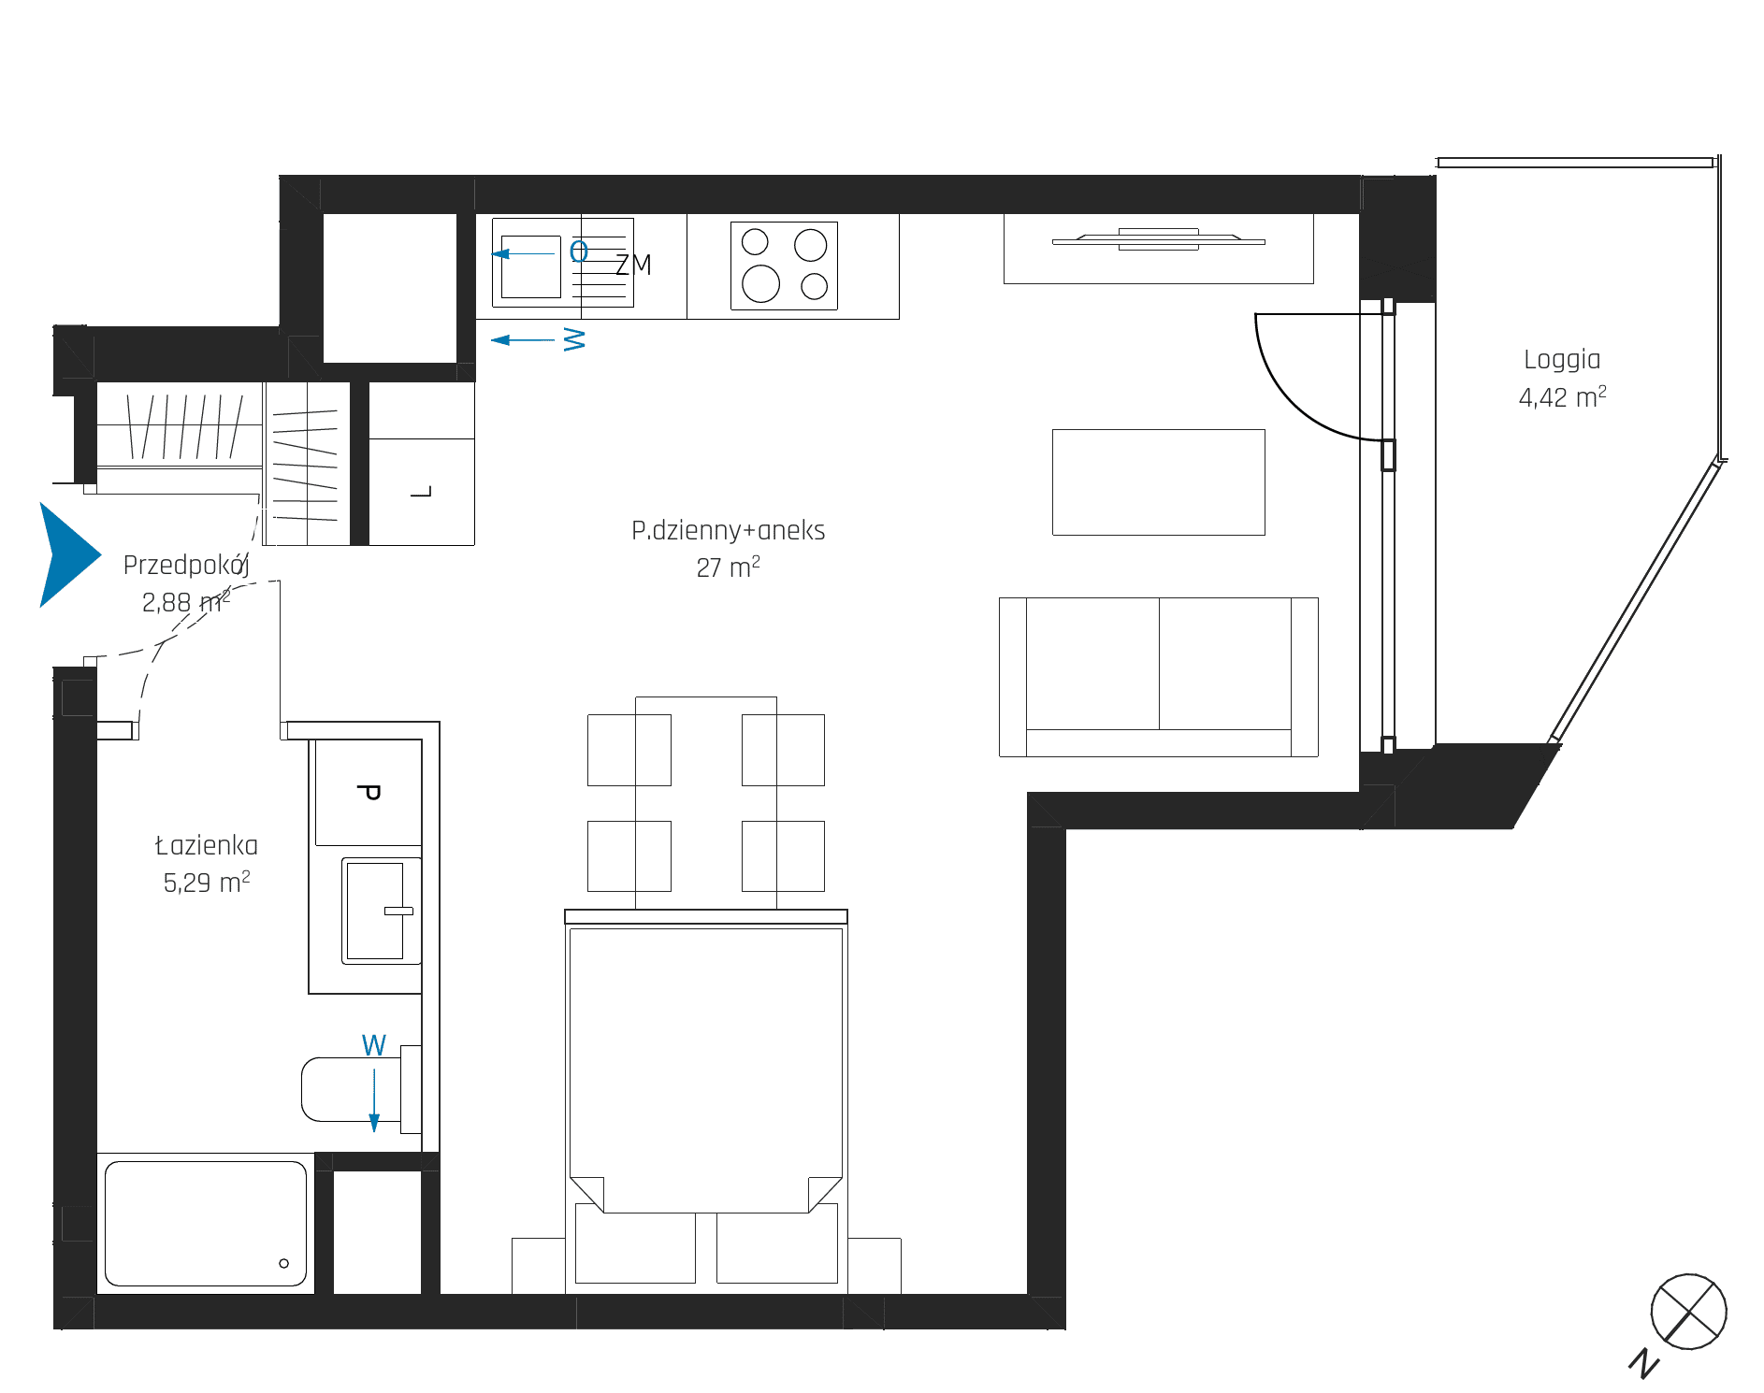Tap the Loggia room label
coord(1562,361)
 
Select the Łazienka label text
coord(206,845)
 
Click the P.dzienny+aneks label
coord(728,531)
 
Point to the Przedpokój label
coord(186,566)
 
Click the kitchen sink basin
coord(530,266)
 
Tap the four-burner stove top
coord(784,266)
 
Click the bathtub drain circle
coord(284,1263)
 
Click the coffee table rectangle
coord(1158,482)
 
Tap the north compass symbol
coord(1688,1312)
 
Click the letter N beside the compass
coord(1643,1363)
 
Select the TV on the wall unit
coord(1158,239)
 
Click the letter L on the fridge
coord(422,492)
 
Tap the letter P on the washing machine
coord(369,792)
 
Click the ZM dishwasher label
coord(633,265)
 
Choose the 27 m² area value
coord(728,567)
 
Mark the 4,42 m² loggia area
coord(1562,397)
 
